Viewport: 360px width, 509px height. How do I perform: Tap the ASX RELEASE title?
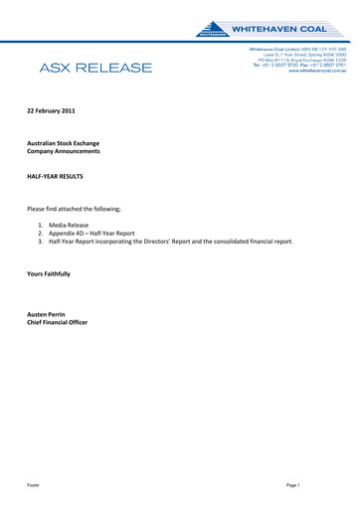pyautogui.click(x=95, y=68)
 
